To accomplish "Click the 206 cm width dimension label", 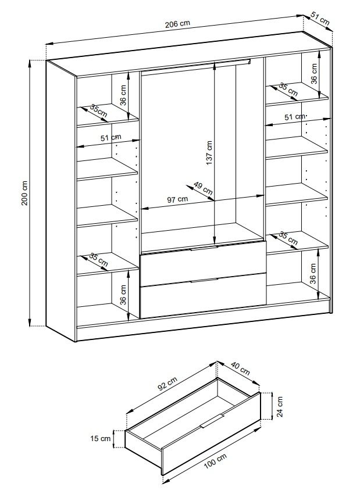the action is coord(178,24).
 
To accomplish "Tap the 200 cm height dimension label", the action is coord(25,194).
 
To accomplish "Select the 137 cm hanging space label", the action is coord(209,153).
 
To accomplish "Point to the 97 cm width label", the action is coord(177,199).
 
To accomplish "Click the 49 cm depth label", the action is coord(203,188).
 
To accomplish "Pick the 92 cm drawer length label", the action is coord(167,384).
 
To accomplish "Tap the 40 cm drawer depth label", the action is coord(241,368).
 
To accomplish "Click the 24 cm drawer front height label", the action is coord(280,406).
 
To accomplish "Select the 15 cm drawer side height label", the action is coord(101,438).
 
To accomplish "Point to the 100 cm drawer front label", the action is coord(215,461).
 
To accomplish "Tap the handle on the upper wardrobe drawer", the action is coord(204,248).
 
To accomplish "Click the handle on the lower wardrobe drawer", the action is coord(204,280).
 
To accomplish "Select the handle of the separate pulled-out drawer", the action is coord(212,421).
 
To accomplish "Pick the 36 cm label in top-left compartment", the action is coord(123,95).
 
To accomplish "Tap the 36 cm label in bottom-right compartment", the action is coord(313,274).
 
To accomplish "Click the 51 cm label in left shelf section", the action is coord(111,138).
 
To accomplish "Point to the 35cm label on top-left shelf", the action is coord(99,110).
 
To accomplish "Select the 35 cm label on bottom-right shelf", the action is coord(288,238).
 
